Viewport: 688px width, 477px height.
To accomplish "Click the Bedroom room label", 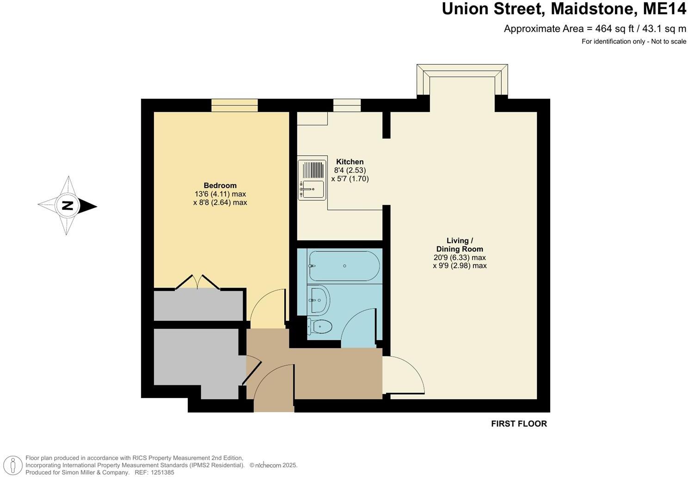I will point(220,186).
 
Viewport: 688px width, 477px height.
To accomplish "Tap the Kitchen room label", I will point(350,162).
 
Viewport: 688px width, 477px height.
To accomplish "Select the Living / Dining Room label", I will point(460,245).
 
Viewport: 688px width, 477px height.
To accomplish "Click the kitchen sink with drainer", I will point(312,180).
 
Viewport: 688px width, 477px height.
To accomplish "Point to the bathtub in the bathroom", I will point(344,266).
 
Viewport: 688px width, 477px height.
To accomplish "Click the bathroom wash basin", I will point(319,299).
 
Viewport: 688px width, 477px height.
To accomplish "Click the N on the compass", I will point(68,206).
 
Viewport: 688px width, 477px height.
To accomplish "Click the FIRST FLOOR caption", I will point(519,424).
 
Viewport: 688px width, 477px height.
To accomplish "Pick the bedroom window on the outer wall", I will point(234,105).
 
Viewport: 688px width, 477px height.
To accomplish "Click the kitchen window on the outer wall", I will point(347,105).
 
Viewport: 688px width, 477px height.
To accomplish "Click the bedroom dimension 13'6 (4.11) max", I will point(220,194).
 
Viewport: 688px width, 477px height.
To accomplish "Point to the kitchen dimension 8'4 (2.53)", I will point(350,170).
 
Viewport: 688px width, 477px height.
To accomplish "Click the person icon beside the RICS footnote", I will point(15,465).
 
